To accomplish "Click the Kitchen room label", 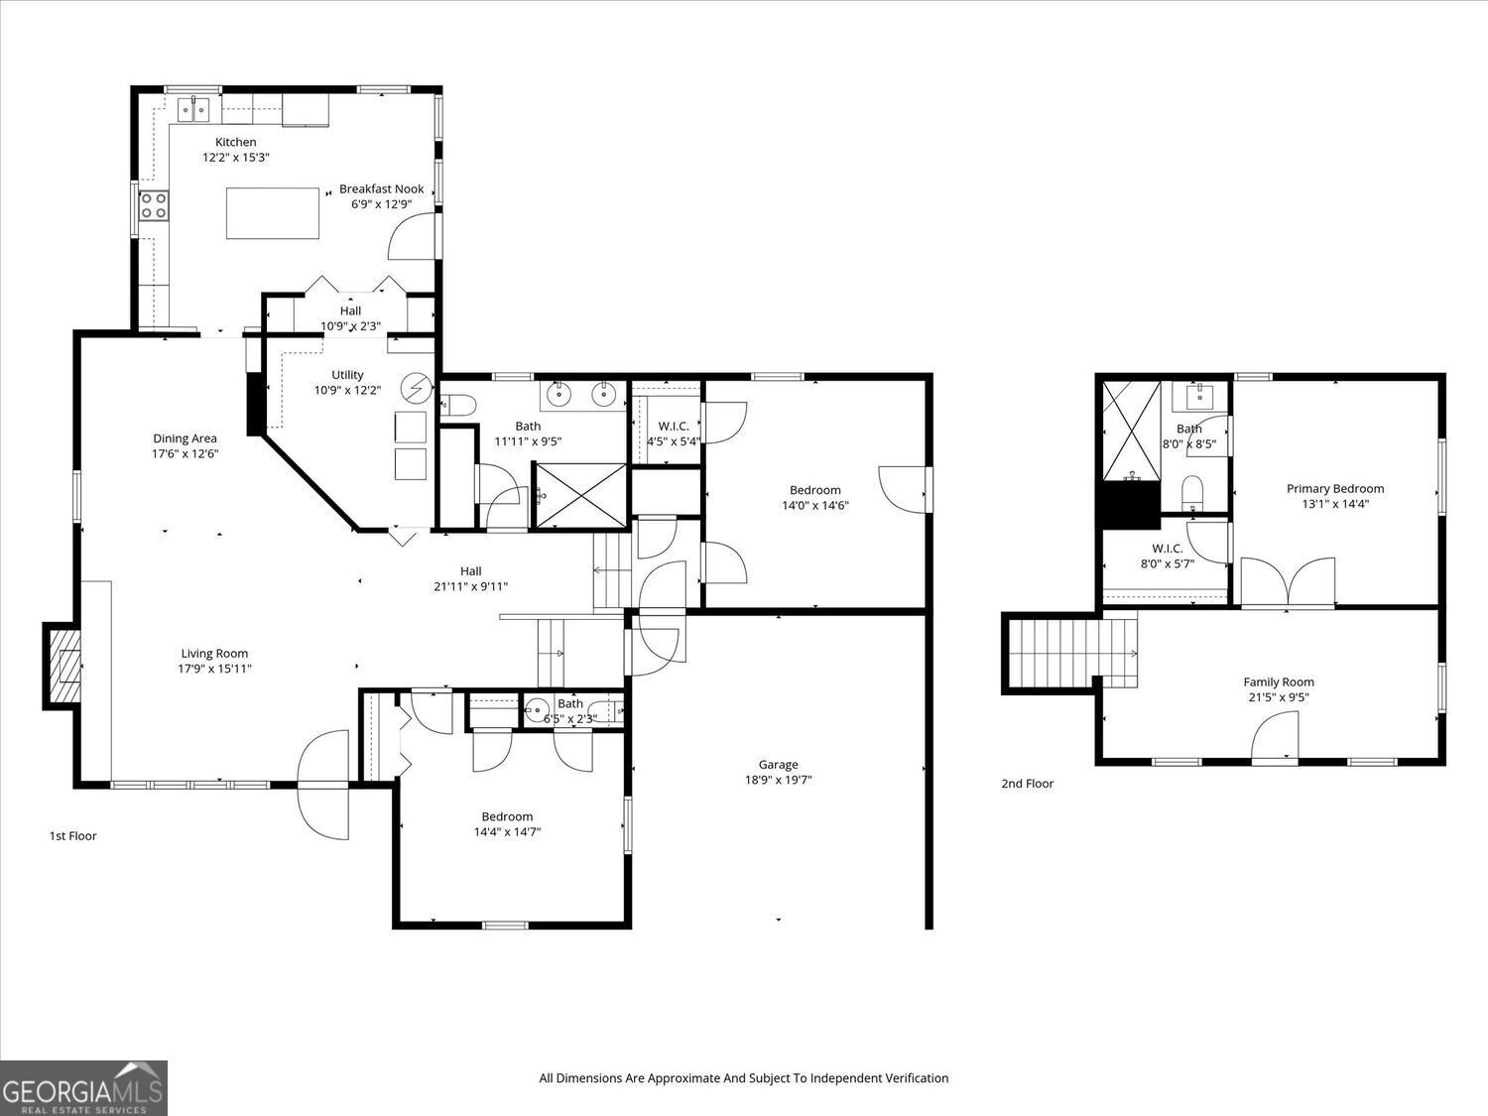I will click(235, 142).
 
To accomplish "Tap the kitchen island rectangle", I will click(273, 212).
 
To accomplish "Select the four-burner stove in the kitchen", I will click(154, 205).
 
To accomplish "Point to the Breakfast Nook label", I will click(381, 188).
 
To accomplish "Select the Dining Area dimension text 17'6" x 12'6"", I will click(185, 454).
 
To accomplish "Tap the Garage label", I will click(778, 764).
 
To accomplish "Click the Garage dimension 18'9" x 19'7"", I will click(778, 780).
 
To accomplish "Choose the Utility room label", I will click(347, 374).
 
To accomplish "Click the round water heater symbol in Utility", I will click(417, 386).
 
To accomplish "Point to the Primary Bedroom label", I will click(1334, 488).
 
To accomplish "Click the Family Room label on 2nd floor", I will click(1278, 682).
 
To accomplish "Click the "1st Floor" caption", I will click(73, 836).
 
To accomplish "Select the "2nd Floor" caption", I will click(1027, 784).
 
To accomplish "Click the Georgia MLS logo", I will click(83, 1088).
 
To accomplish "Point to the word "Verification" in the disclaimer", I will click(913, 1078).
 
